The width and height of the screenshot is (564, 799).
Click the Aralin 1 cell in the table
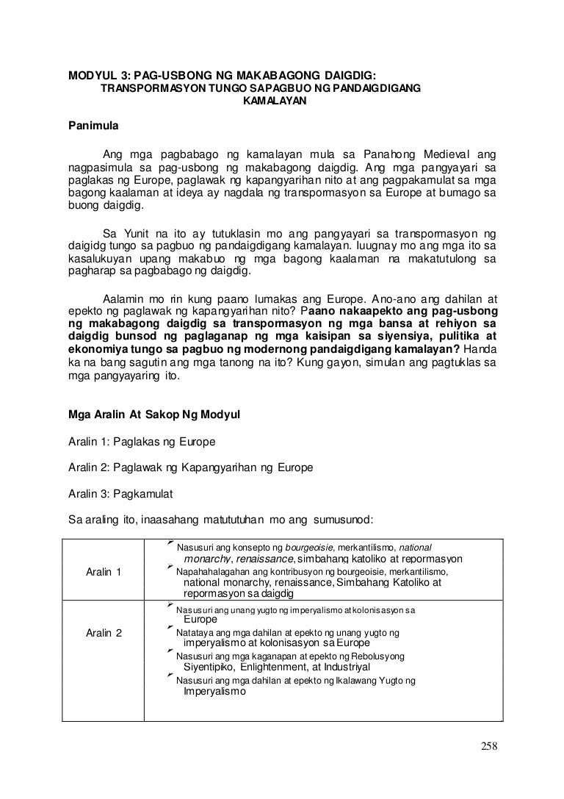(x=104, y=573)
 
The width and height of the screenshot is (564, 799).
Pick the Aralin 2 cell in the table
(x=104, y=633)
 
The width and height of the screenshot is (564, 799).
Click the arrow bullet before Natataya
(x=170, y=629)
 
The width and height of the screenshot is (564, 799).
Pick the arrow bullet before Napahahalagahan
(x=170, y=569)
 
